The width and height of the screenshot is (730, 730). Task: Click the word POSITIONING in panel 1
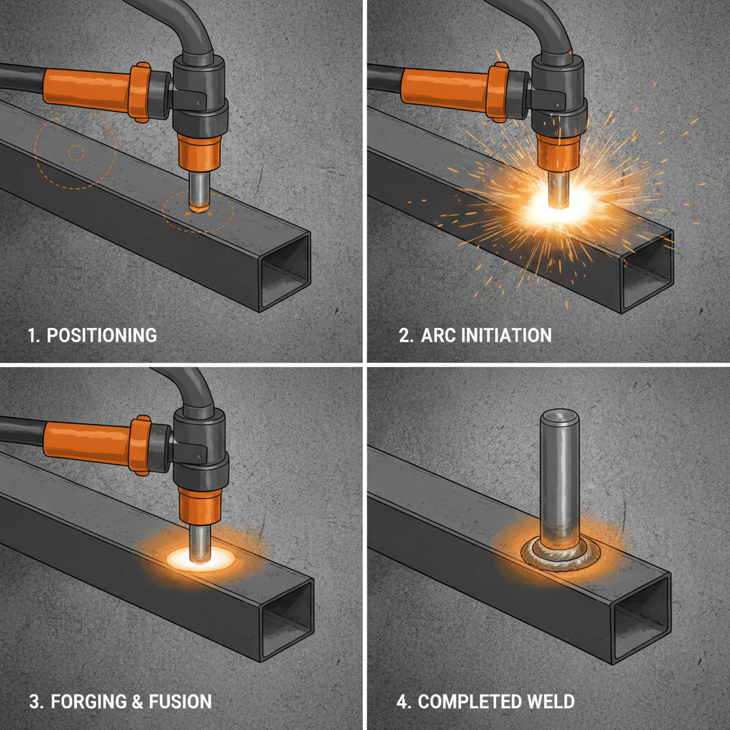[102, 335]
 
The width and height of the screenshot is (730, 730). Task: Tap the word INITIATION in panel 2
[507, 335]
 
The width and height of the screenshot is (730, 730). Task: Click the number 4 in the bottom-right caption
[403, 701]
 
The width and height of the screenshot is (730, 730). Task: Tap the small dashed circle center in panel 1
[76, 152]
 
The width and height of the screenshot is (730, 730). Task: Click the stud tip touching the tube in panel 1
[200, 208]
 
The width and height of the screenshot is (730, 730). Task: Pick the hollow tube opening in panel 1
[286, 270]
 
